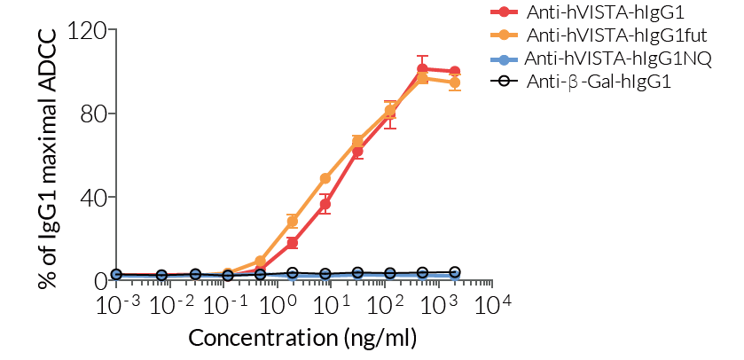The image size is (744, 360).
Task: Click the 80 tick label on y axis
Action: (x=94, y=113)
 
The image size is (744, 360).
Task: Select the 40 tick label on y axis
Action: (x=94, y=197)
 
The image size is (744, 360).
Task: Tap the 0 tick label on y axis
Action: (x=99, y=280)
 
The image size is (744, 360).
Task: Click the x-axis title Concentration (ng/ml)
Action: (x=302, y=339)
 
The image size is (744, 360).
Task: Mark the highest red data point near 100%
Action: (x=422, y=68)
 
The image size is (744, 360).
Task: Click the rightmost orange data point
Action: (x=455, y=82)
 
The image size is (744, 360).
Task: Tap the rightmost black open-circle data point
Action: (x=455, y=272)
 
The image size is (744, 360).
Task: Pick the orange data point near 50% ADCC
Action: (x=325, y=178)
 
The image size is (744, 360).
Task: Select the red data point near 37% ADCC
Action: (x=325, y=204)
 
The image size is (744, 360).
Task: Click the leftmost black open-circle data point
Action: (x=116, y=276)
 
